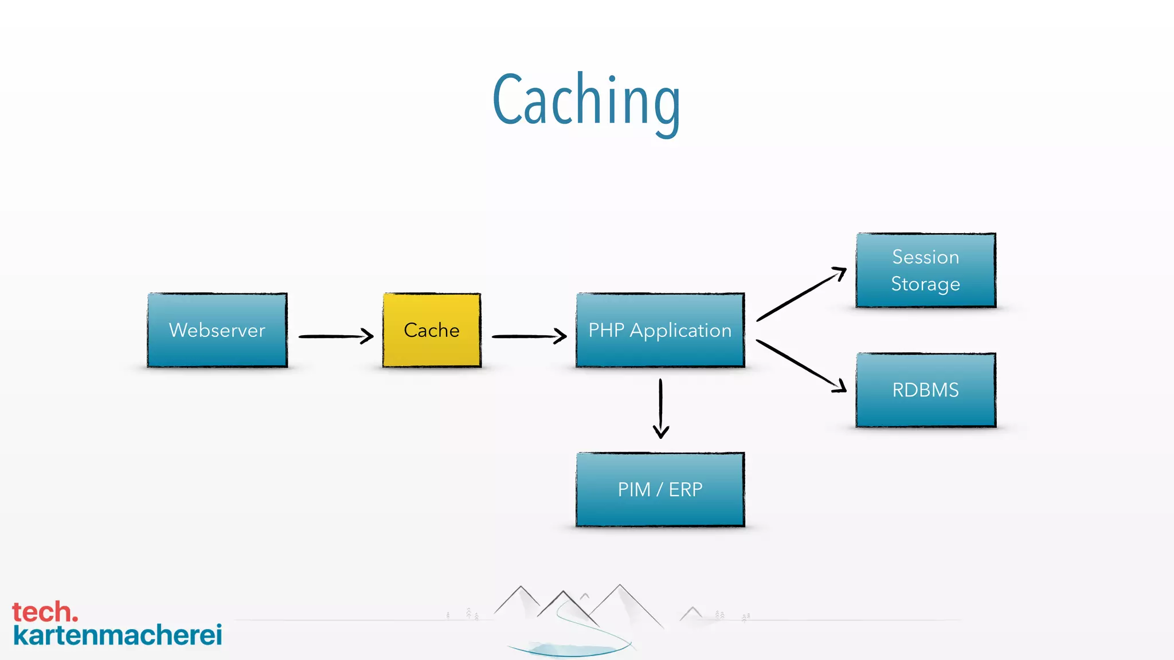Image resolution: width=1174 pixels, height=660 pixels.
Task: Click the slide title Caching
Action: [586, 101]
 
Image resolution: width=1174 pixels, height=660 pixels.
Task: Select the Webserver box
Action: [217, 331]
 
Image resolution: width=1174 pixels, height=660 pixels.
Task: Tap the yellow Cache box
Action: [432, 331]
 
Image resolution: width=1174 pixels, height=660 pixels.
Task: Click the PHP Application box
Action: [660, 331]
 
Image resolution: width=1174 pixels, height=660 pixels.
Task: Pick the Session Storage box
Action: [925, 270]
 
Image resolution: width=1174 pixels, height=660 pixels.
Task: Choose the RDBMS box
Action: [925, 390]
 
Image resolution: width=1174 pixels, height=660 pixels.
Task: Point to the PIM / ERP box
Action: [660, 490]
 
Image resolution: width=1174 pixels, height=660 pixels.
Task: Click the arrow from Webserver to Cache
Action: [335, 336]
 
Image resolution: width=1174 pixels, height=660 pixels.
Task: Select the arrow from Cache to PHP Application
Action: [529, 336]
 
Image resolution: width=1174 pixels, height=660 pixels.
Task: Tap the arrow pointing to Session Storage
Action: [801, 294]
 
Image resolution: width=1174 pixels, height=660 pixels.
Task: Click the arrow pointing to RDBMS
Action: [801, 366]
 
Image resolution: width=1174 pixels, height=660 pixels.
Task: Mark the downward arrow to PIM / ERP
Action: [660, 408]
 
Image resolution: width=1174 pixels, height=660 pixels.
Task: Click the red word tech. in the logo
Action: [45, 612]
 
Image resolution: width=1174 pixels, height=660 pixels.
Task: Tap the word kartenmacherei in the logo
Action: [118, 635]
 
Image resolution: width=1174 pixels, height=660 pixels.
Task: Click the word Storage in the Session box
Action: [925, 284]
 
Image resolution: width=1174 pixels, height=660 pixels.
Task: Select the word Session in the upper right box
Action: [925, 257]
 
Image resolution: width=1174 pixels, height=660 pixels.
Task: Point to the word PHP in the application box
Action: [606, 331]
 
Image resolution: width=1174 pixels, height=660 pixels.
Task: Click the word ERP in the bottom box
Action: [685, 490]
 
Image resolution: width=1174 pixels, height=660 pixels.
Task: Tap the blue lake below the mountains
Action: [568, 649]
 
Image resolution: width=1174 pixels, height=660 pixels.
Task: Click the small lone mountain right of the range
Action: [692, 613]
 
